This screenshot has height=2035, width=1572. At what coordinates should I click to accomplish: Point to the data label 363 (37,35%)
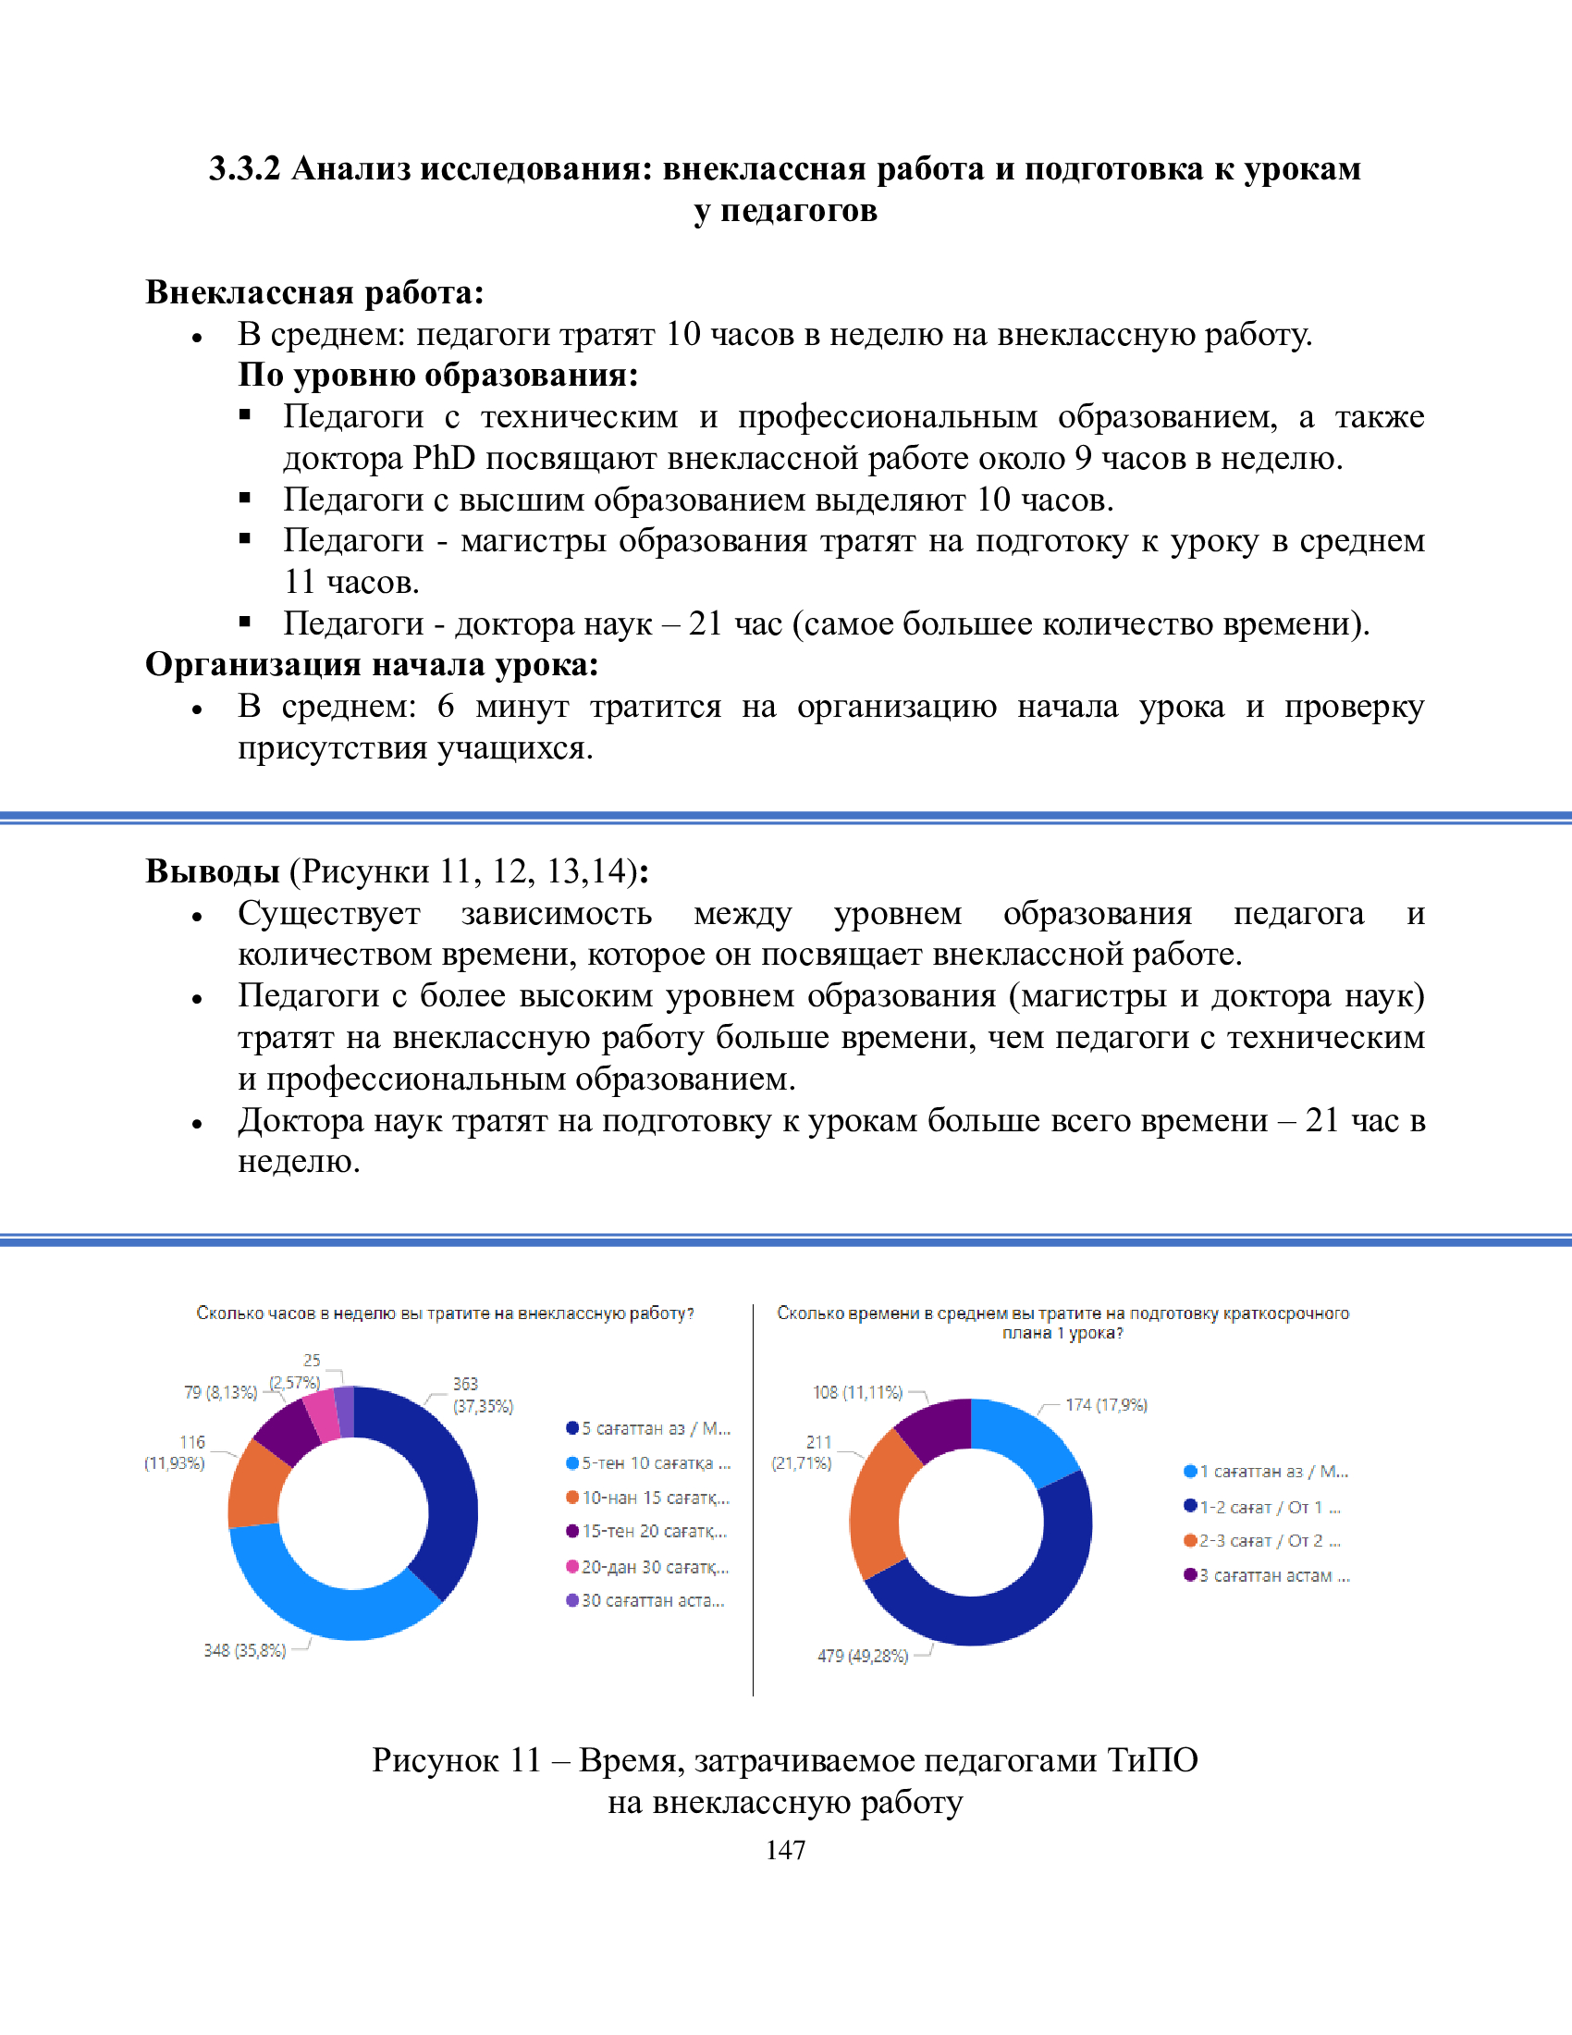(483, 1395)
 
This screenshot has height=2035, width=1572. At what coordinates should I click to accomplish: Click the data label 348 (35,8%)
(245, 1650)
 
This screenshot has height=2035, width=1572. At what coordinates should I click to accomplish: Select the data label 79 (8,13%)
(221, 1392)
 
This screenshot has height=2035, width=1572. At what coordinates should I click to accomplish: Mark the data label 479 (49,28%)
(863, 1656)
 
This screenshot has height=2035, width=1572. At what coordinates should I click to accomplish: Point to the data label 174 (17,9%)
(1106, 1405)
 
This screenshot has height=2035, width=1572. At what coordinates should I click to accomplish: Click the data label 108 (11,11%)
(858, 1392)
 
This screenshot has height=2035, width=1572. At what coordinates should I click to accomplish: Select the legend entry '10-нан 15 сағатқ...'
(655, 1498)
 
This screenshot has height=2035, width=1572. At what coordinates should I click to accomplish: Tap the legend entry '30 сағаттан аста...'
(652, 1601)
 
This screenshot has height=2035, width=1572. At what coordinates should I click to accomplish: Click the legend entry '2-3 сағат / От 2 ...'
(1269, 1541)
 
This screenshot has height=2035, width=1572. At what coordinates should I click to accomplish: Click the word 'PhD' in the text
(443, 459)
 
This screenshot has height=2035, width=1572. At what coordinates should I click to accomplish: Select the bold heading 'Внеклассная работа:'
(314, 292)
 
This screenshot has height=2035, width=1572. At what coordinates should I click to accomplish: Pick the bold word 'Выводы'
(214, 871)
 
